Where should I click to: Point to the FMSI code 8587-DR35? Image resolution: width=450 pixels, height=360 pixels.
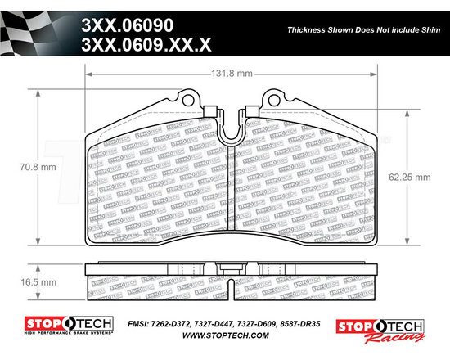[x=306, y=324]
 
